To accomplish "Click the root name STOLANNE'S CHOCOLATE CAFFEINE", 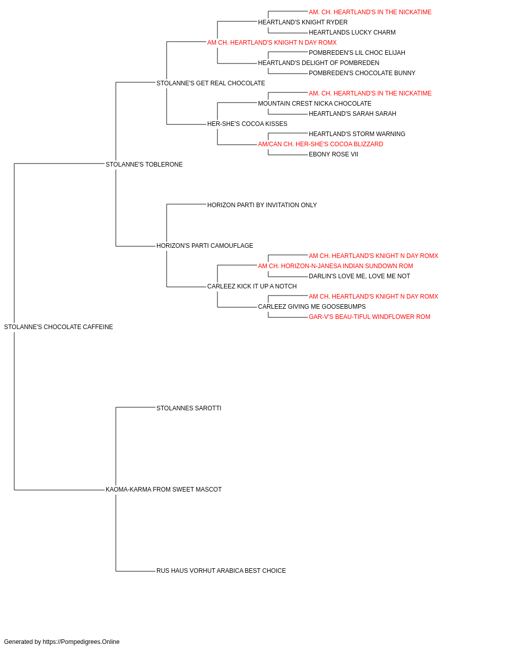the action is pyautogui.click(x=58, y=327).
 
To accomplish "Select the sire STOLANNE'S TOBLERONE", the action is pyautogui.click(x=144, y=165).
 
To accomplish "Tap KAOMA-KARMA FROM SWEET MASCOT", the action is pyautogui.click(x=164, y=490).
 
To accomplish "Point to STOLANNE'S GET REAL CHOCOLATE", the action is pyautogui.click(x=211, y=83).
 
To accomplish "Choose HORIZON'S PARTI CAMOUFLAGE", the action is pyautogui.click(x=205, y=246).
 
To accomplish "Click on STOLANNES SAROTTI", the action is pyautogui.click(x=189, y=408).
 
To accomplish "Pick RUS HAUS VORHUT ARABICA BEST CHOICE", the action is pyautogui.click(x=221, y=571).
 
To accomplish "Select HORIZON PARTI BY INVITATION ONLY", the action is pyautogui.click(x=262, y=205).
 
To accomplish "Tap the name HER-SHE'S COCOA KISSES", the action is pyautogui.click(x=247, y=124).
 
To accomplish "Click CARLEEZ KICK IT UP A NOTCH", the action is pyautogui.click(x=252, y=286).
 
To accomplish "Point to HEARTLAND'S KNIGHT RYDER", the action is pyautogui.click(x=303, y=22).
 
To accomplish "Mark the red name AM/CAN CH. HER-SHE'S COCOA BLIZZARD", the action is pyautogui.click(x=321, y=144).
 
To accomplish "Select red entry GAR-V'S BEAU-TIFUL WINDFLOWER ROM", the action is pyautogui.click(x=369, y=317).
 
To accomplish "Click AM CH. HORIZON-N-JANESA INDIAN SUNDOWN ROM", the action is pyautogui.click(x=335, y=266).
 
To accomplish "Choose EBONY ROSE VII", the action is pyautogui.click(x=333, y=154).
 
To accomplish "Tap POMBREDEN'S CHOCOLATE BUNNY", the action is pyautogui.click(x=362, y=73).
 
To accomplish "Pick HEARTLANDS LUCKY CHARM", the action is pyautogui.click(x=352, y=32).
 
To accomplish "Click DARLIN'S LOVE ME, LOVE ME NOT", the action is pyautogui.click(x=359, y=276).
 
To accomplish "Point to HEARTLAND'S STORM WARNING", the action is pyautogui.click(x=357, y=134).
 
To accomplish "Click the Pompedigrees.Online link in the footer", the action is pyautogui.click(x=81, y=642).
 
